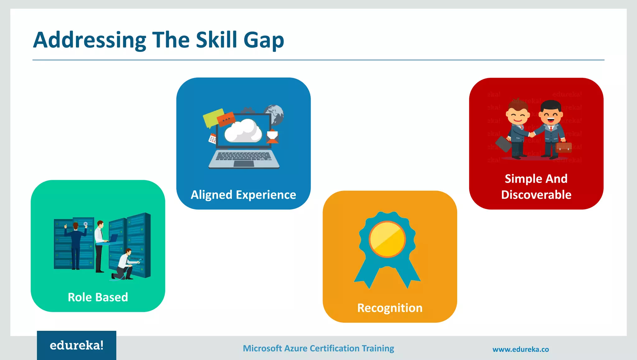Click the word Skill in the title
click(x=216, y=40)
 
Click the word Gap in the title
click(x=263, y=41)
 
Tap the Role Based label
click(x=98, y=297)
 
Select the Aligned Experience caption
click(x=243, y=195)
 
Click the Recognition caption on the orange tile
click(x=390, y=308)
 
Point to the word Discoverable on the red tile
click(x=536, y=195)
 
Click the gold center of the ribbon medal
click(x=387, y=239)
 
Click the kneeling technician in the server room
click(x=124, y=264)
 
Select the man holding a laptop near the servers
click(x=100, y=244)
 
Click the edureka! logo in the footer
click(x=77, y=345)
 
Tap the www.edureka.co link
click(x=520, y=349)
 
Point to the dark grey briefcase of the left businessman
click(x=503, y=144)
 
